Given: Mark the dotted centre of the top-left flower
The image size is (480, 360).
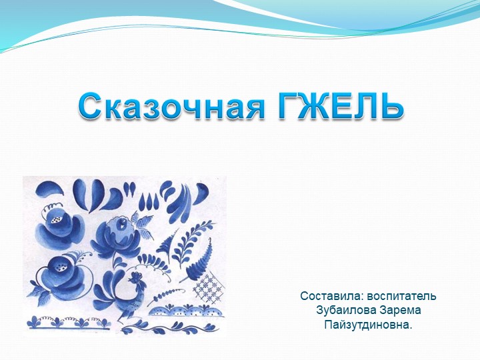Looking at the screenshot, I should point(57,213).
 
